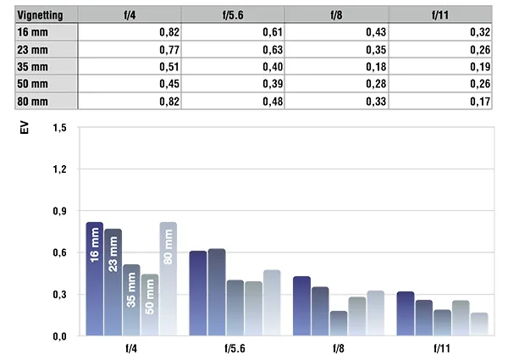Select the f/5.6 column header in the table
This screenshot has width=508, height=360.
[x=233, y=15]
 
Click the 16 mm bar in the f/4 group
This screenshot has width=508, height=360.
[x=95, y=279]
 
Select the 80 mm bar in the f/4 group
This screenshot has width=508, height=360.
[x=168, y=279]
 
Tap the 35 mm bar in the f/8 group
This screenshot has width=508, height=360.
[x=339, y=323]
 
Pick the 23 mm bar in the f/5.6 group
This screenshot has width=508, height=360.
[x=217, y=292]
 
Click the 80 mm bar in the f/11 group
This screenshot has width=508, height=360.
[x=479, y=324]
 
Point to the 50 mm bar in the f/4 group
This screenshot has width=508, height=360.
[x=150, y=305]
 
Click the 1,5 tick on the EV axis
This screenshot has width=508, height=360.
[x=59, y=128]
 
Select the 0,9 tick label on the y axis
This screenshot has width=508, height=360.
[x=59, y=211]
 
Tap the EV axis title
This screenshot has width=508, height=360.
[x=25, y=128]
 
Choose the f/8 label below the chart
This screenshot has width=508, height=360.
[x=339, y=348]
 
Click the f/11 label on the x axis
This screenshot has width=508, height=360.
[x=442, y=348]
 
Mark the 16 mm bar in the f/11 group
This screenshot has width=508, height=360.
[x=406, y=313]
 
